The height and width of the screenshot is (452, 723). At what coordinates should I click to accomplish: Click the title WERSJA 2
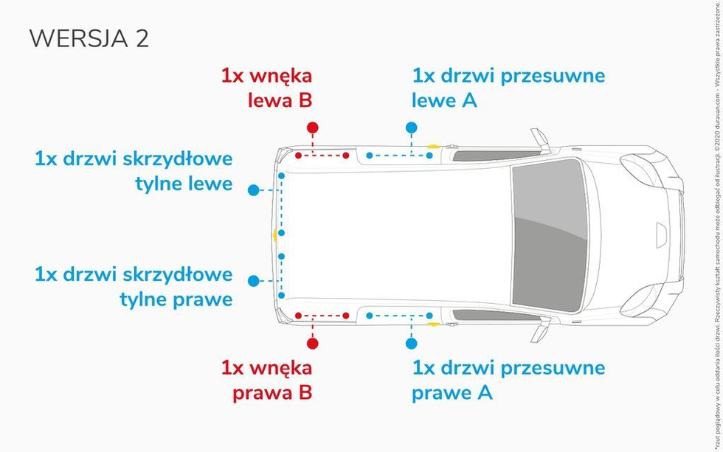[89, 38]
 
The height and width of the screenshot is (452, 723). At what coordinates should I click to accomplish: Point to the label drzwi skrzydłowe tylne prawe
[134, 287]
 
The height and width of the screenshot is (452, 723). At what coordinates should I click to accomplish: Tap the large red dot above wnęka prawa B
[313, 343]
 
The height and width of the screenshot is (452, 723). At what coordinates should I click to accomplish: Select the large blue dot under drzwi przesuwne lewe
[411, 128]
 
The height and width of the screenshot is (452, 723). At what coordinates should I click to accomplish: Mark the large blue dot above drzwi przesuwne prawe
[411, 343]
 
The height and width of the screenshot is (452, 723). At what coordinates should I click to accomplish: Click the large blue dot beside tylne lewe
[254, 190]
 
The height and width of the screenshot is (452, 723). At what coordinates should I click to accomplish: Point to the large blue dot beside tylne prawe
[254, 281]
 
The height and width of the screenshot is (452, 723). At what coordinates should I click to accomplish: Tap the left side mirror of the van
[540, 138]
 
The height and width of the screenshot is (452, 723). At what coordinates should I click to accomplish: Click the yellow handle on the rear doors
[275, 235]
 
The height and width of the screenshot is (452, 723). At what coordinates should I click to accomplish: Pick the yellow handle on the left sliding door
[433, 147]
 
